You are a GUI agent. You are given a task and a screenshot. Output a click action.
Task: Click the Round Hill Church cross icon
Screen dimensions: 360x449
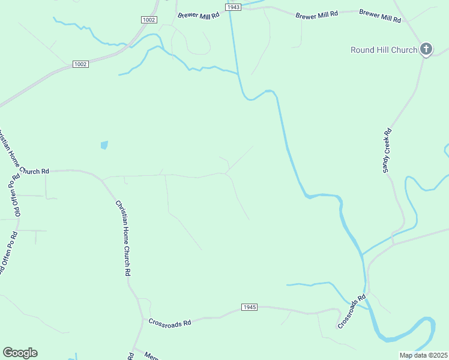tap(426, 49)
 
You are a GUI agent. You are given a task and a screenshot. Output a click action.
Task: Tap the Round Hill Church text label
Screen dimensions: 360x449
tap(384, 50)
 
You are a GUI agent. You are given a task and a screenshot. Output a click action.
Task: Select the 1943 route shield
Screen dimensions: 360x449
tap(234, 7)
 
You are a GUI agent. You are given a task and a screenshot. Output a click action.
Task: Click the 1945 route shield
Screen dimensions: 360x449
tap(250, 307)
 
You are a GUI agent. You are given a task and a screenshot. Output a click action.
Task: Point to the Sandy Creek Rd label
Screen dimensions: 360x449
tap(387, 151)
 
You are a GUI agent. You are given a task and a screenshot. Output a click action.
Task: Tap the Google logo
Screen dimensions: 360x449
tap(20, 353)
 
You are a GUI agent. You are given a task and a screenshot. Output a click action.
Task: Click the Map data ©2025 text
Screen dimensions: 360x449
tap(424, 355)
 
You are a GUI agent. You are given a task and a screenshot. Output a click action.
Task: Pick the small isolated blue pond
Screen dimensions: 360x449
tap(104, 145)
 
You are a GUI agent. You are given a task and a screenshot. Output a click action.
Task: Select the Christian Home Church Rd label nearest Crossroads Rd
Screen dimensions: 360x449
tap(123, 238)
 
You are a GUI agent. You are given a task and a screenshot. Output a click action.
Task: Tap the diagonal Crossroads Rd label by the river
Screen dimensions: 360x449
tap(352, 311)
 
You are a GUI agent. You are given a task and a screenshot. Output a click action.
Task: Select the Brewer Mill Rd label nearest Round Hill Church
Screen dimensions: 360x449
tap(380, 15)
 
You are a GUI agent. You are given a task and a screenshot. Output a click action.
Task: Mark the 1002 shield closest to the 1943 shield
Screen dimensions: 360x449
tap(149, 20)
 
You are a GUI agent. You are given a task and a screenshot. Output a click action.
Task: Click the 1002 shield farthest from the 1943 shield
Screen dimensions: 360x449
tap(80, 64)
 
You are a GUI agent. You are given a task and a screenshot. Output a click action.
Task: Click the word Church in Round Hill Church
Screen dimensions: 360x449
tap(403, 50)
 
